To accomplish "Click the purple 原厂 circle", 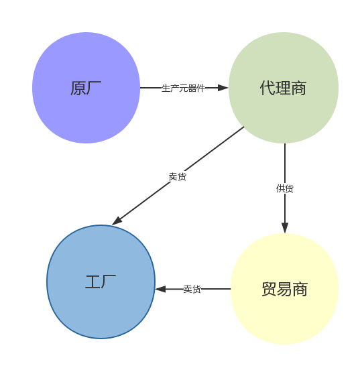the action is click(x=86, y=88).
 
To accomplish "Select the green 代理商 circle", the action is click(x=284, y=88).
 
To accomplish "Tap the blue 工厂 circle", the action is click(x=101, y=282).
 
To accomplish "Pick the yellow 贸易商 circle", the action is click(x=285, y=289).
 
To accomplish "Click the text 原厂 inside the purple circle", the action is click(x=86, y=88).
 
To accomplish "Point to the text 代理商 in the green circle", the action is click(x=283, y=88).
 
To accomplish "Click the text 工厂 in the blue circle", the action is click(x=101, y=282).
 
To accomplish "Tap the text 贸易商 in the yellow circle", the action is click(x=285, y=289).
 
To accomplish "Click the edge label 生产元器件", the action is click(x=183, y=88).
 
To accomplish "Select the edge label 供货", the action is click(x=285, y=188).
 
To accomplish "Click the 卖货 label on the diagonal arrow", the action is click(x=178, y=177).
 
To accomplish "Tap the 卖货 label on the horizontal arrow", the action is click(x=192, y=289).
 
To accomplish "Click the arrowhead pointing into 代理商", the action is click(x=223, y=88).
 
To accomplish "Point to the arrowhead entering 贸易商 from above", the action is click(x=285, y=228).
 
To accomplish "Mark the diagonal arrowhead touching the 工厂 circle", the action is click(x=117, y=221).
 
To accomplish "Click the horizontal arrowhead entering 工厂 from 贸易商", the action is click(x=160, y=289).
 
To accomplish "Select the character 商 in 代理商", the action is click(x=299, y=88).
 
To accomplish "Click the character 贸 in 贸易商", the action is click(x=269, y=289).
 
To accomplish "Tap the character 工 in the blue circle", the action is click(x=93, y=282).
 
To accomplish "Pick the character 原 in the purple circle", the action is click(x=78, y=88).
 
